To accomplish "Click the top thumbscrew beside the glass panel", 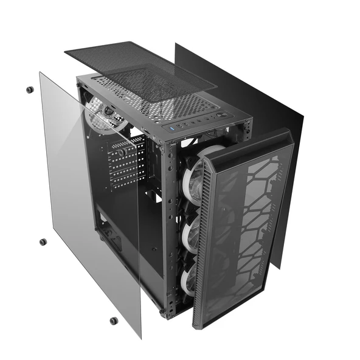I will (x=29, y=90).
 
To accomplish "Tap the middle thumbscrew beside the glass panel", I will (x=43, y=242).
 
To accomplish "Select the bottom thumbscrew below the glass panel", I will (x=114, y=320).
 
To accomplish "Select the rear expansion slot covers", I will (x=126, y=161).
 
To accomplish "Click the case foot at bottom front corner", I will (x=163, y=314).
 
